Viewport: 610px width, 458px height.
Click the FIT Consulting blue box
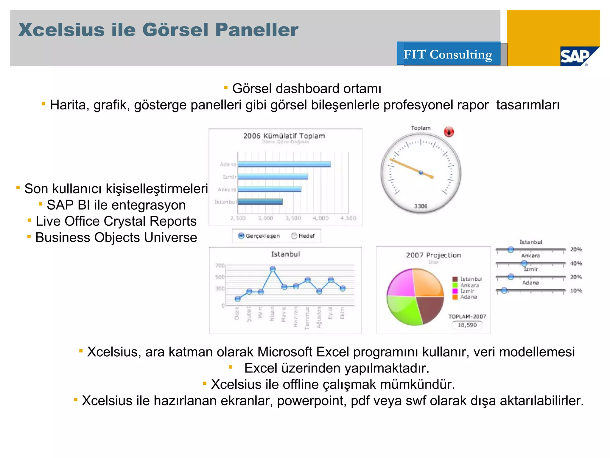point(448,54)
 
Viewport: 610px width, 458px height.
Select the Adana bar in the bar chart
point(284,164)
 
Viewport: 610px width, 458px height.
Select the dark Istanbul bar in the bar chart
point(260,202)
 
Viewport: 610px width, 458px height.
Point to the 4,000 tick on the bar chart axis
point(321,218)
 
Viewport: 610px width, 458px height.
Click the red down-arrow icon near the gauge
point(449,132)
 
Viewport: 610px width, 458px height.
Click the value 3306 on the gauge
point(421,206)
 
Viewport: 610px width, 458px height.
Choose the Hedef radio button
point(294,236)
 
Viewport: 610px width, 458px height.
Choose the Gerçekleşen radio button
point(241,236)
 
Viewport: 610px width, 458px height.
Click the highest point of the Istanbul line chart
point(273,269)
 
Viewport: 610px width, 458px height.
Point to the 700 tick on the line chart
point(220,265)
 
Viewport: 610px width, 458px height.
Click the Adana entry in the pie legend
point(469,297)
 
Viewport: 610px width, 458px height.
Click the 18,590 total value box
point(467,325)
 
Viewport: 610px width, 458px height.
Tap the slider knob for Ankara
point(524,263)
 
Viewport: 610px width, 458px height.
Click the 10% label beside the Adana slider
point(576,291)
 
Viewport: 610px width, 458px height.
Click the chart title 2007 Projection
point(433,255)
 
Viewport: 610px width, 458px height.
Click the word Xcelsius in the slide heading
point(61,30)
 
